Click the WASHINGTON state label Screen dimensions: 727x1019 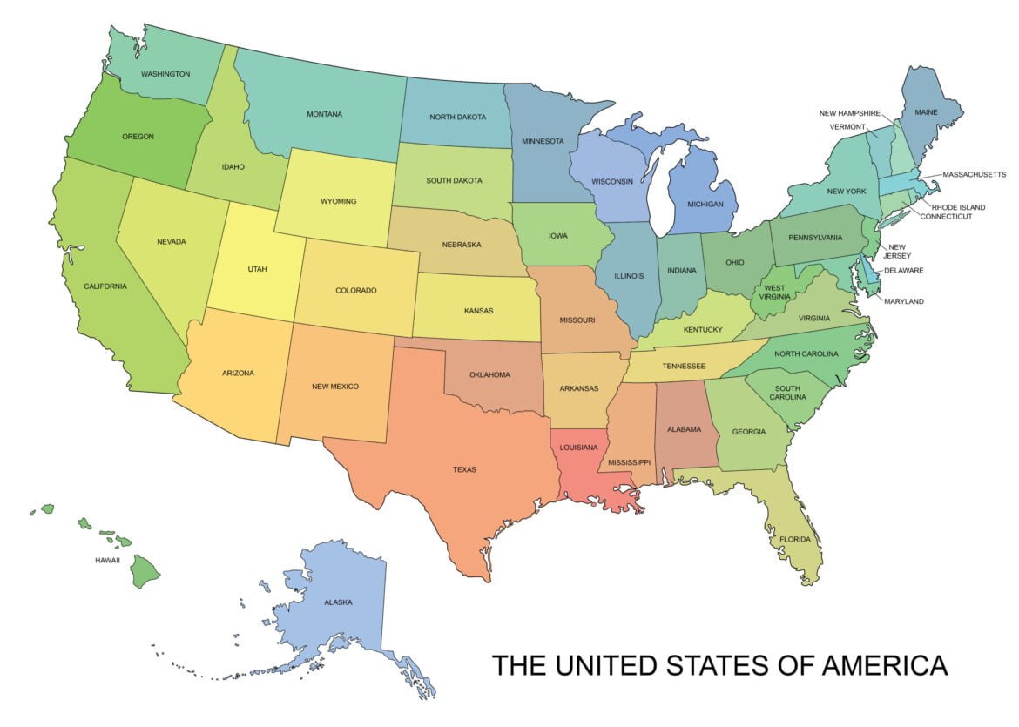click(x=165, y=74)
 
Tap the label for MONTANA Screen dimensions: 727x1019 click(x=324, y=114)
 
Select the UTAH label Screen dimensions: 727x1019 click(x=257, y=269)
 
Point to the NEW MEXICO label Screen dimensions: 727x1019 click(x=335, y=387)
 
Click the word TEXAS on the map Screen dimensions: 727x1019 click(x=464, y=470)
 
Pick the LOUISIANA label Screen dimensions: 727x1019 click(x=579, y=448)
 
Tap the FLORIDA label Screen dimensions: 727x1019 click(x=795, y=540)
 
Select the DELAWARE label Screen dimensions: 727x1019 click(x=903, y=271)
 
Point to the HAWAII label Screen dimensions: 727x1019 click(x=107, y=560)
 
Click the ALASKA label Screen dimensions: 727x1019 click(x=338, y=602)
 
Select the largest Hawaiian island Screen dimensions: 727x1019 click(x=145, y=572)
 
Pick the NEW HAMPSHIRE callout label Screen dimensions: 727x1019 click(x=849, y=113)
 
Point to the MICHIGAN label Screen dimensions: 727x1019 click(x=705, y=204)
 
